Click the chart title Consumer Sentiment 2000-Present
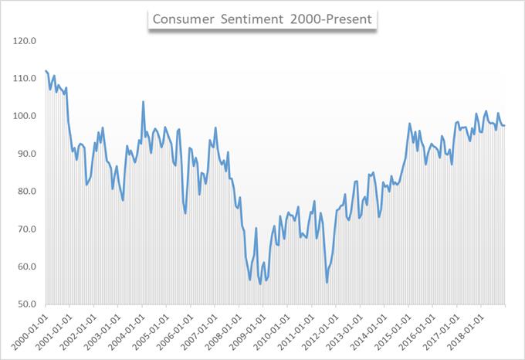click(263, 19)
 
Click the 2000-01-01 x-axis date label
click(29, 330)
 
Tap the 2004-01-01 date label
click(126, 330)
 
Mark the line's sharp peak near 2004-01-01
click(143, 101)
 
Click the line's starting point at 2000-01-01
click(46, 71)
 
